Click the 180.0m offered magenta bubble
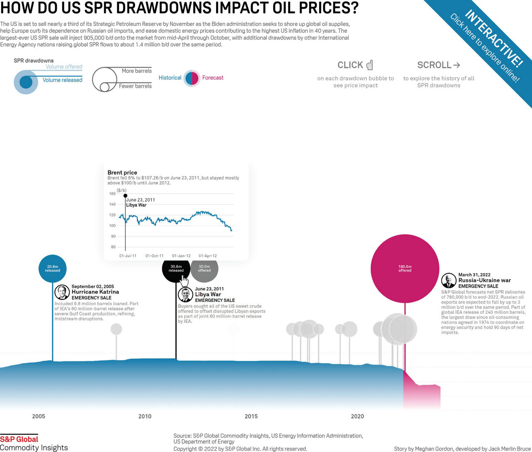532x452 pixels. [405, 268]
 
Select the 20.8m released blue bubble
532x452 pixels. [52, 268]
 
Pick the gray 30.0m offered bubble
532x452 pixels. [205, 268]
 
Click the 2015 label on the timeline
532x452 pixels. [251, 416]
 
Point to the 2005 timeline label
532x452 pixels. [39, 416]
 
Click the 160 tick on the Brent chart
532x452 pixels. [112, 194]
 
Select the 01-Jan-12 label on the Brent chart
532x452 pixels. [181, 256]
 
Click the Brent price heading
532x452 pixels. [122, 172]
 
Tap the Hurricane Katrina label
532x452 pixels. [95, 292]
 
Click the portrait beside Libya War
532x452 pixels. [185, 295]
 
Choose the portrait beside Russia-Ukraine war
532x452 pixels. [448, 281]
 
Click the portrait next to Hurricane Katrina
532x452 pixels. [62, 292]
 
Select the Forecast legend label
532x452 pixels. [213, 78]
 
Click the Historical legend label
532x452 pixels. [170, 78]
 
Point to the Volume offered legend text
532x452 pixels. [64, 67]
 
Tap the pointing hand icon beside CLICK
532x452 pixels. [369, 65]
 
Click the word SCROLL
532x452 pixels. [434, 65]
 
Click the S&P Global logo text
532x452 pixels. [19, 439]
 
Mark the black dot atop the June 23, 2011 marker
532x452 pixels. [126, 196]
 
